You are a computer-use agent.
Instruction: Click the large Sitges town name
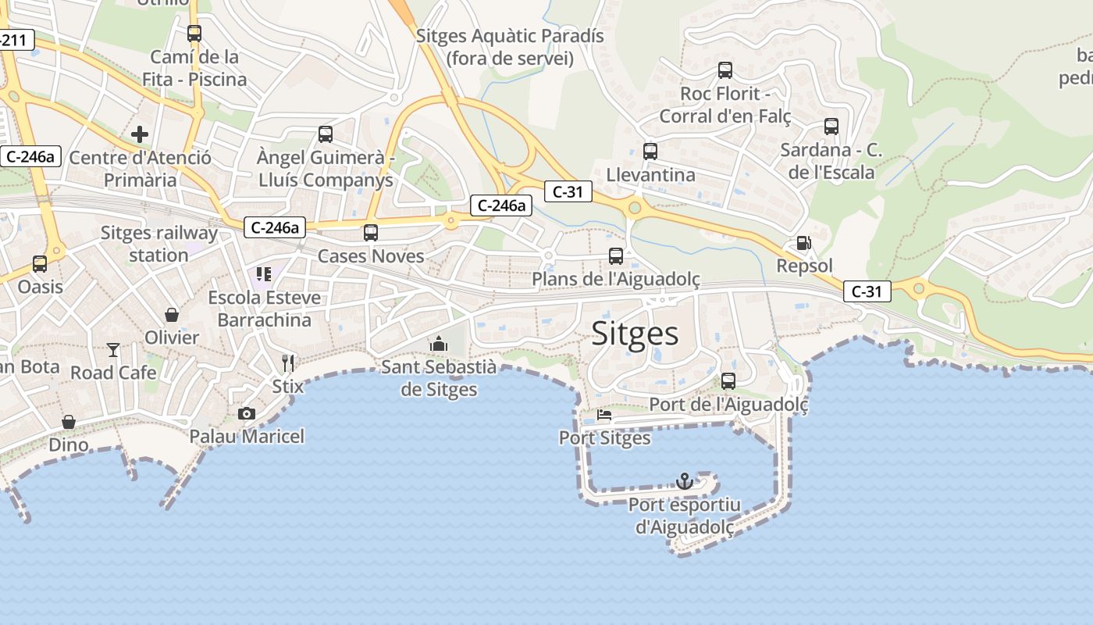[635, 334]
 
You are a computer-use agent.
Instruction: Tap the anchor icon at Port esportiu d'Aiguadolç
[684, 480]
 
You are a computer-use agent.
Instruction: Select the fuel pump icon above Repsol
[803, 243]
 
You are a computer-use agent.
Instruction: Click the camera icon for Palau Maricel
[247, 413]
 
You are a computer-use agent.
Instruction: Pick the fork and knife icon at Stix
[288, 362]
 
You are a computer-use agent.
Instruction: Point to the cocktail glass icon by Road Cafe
[113, 349]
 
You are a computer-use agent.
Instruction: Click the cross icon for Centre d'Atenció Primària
[140, 134]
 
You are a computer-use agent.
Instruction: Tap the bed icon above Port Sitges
[604, 415]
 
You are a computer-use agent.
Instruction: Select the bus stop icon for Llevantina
[650, 152]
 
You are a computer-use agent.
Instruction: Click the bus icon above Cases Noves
[371, 232]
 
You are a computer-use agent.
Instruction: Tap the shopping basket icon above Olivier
[172, 315]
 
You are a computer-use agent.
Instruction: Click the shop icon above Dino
[69, 422]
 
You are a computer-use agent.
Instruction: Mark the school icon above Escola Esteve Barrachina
[264, 274]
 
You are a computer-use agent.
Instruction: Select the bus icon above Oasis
[40, 263]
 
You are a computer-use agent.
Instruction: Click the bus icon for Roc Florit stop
[725, 70]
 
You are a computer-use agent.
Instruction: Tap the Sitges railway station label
[159, 244]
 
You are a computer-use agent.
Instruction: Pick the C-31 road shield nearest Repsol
[867, 292]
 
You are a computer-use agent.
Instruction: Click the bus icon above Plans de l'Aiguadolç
[616, 255]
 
